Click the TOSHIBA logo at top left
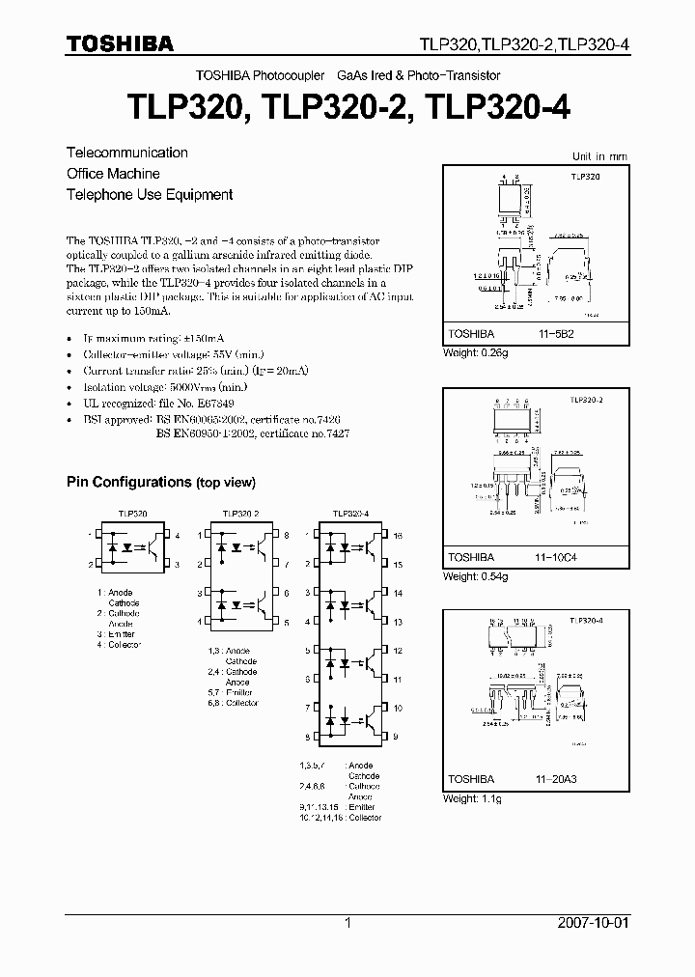pyautogui.click(x=120, y=44)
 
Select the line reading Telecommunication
pyautogui.click(x=126, y=153)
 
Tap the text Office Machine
pyautogui.click(x=113, y=174)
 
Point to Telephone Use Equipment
pyautogui.click(x=150, y=194)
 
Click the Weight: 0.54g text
pyautogui.click(x=474, y=576)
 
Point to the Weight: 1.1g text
pyautogui.click(x=472, y=798)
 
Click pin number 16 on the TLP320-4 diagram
pyautogui.click(x=398, y=534)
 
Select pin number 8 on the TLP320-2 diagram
pyautogui.click(x=287, y=534)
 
